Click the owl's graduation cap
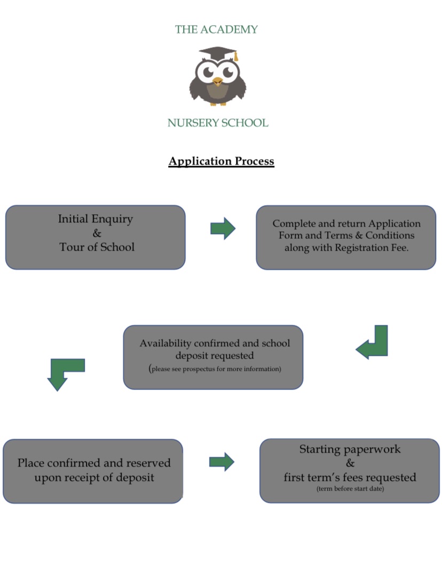click(x=217, y=53)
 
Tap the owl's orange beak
click(x=217, y=81)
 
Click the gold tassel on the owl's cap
click(x=235, y=56)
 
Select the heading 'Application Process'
click(x=221, y=161)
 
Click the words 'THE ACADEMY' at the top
click(x=216, y=30)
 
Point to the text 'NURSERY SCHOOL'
click(x=218, y=123)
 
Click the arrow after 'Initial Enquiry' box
click(x=223, y=229)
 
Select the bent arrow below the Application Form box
click(x=373, y=344)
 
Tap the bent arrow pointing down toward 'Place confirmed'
click(x=64, y=372)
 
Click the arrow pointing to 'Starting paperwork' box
click(x=222, y=462)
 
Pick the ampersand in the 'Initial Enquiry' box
click(x=97, y=233)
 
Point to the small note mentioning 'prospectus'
click(x=216, y=369)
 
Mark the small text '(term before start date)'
click(x=350, y=489)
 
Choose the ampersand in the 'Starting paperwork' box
click(x=350, y=463)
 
